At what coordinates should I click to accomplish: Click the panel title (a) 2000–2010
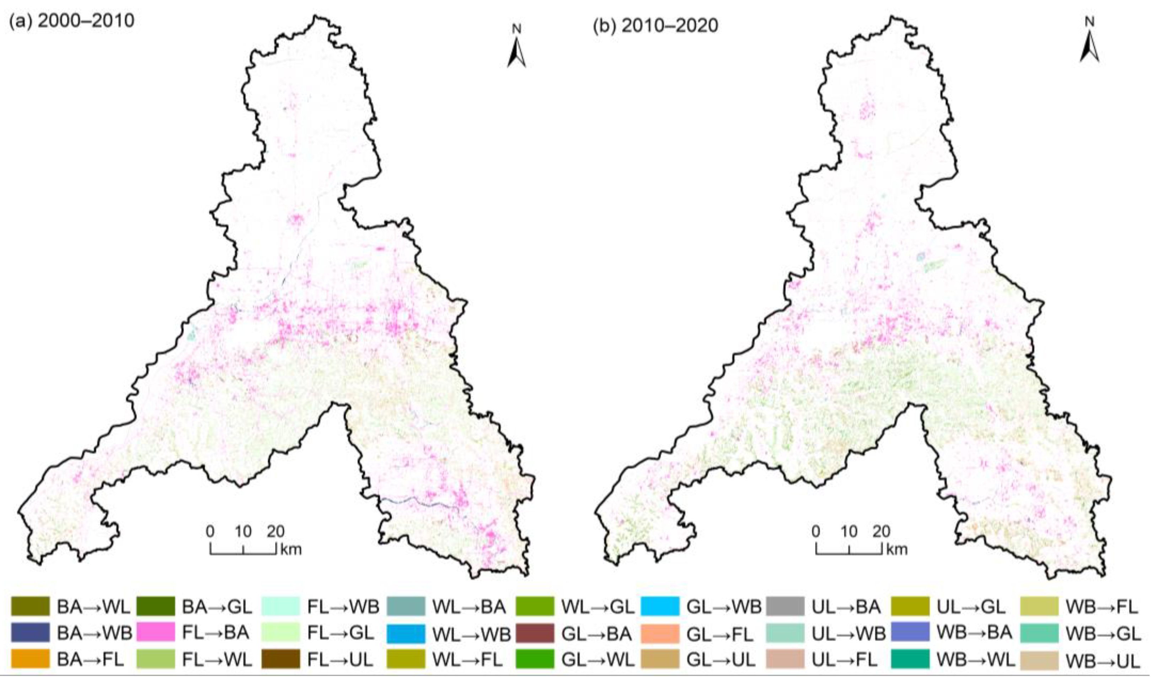point(72,21)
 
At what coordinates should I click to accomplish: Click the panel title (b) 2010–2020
point(655,26)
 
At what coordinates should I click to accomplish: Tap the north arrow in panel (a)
point(516,50)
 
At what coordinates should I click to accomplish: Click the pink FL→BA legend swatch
point(155,632)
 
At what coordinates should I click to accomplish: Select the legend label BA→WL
point(93,607)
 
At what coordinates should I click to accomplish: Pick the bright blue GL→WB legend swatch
point(660,607)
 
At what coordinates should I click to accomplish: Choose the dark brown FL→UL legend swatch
point(281,659)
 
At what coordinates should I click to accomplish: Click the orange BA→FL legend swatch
point(30,659)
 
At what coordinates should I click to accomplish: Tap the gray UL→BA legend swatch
point(785,607)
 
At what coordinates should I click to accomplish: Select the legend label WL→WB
point(471,634)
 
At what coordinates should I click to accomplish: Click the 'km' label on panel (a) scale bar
point(291,549)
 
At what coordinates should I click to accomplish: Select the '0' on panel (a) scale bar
point(210,531)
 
